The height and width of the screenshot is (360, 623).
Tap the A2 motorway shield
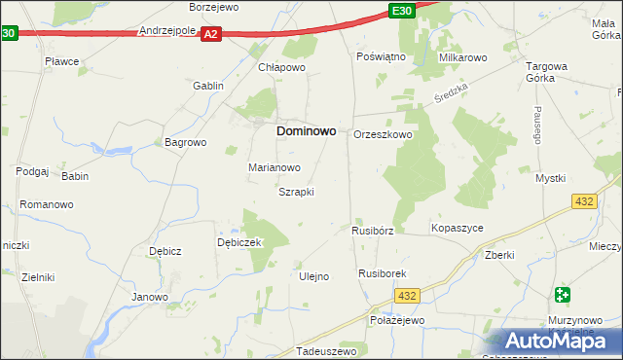click(212, 33)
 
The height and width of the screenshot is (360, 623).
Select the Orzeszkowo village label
click(383, 135)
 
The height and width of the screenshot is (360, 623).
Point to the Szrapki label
click(296, 192)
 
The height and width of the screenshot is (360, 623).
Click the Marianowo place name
click(274, 167)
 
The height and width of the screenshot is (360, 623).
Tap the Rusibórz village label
click(372, 231)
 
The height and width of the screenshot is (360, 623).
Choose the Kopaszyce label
click(457, 228)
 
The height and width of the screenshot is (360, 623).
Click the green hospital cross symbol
click(563, 295)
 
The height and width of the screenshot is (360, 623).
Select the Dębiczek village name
click(239, 243)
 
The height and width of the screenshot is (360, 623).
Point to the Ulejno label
click(313, 276)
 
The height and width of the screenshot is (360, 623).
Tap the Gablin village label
click(208, 86)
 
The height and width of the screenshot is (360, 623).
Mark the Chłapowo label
click(282, 68)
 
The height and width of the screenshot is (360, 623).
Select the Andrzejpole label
click(168, 30)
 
